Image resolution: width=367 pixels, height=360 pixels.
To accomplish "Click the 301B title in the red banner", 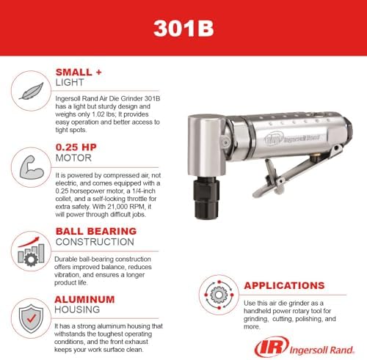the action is click(x=183, y=28).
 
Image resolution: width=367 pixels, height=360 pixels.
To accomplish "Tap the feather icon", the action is click(x=32, y=91).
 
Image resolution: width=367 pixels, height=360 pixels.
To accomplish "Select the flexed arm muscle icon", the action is click(x=32, y=167).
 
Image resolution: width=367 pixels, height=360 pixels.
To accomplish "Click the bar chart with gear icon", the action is click(x=31, y=251).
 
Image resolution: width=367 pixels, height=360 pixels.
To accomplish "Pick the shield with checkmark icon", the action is click(x=32, y=318).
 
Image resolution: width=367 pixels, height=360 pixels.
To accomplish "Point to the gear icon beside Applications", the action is click(x=219, y=295).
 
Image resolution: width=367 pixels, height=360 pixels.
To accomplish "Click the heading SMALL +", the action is click(x=79, y=73).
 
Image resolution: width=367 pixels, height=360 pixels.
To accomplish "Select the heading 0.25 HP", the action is click(x=76, y=147).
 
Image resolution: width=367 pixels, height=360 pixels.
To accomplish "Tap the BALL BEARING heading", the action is click(x=96, y=231).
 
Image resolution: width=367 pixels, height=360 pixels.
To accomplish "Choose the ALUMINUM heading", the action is click(x=84, y=299).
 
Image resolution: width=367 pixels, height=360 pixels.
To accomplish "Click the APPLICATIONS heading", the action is click(x=284, y=285).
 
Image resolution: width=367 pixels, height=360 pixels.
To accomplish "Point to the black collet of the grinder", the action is click(x=206, y=198).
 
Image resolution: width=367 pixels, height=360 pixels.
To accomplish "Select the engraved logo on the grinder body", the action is click(x=292, y=139).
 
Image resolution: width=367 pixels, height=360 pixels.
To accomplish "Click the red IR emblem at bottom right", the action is click(x=272, y=347).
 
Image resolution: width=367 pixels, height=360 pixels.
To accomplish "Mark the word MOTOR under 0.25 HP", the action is click(x=73, y=158).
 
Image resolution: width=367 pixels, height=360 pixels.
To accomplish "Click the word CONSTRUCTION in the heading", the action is click(x=95, y=242).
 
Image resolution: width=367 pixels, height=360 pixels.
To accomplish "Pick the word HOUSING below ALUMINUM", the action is click(x=77, y=309).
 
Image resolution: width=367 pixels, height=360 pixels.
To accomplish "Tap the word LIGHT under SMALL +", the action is click(x=70, y=83).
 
